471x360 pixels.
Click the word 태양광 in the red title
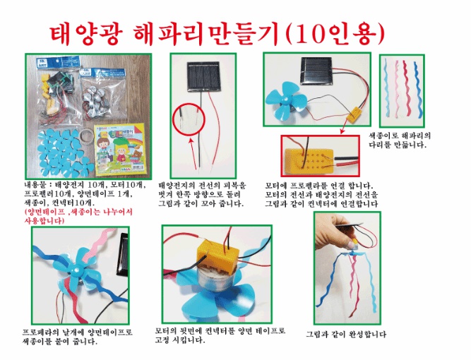[85, 33]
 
